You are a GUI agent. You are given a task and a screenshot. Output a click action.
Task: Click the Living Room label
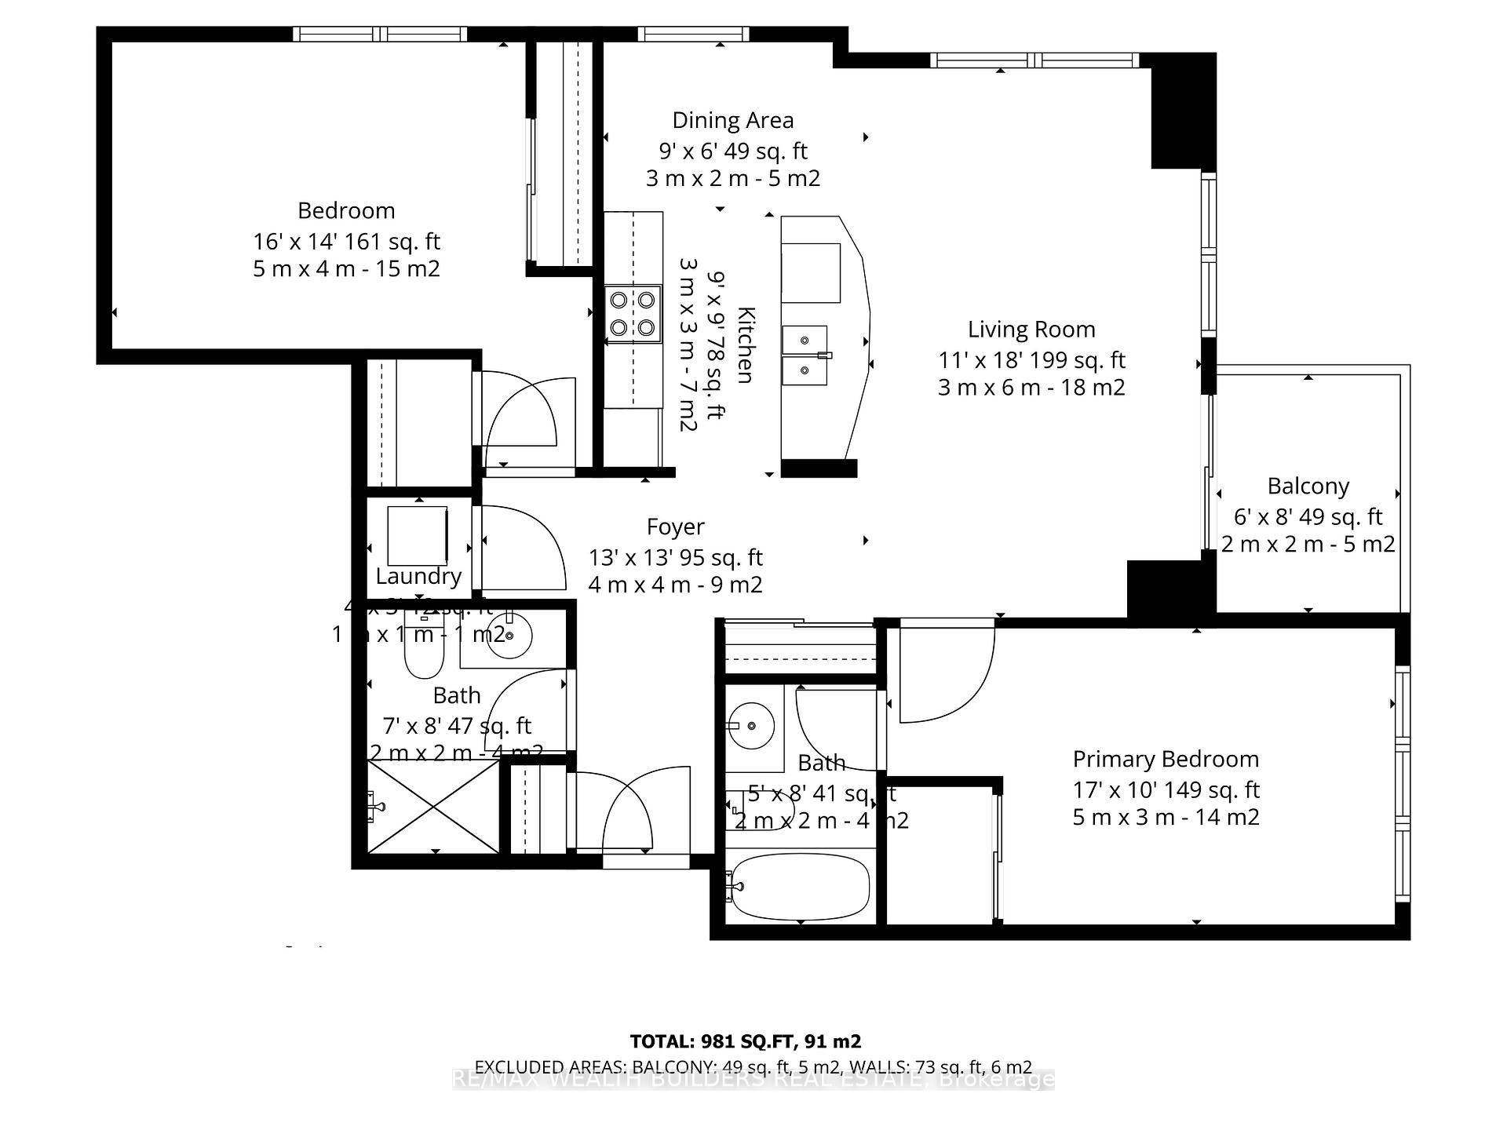pos(1031,330)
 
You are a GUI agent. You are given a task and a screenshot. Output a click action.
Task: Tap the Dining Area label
pos(732,121)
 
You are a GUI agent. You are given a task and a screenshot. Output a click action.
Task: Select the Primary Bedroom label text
pos(1166,760)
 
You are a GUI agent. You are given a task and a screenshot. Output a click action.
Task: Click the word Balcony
pos(1308,487)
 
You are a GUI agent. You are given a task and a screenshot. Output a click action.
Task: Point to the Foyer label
pos(675,527)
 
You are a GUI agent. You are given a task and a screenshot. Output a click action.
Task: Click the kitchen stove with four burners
pos(633,313)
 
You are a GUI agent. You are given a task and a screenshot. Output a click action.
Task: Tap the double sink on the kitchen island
pos(805,355)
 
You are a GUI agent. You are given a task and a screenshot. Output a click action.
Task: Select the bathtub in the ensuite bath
pos(799,886)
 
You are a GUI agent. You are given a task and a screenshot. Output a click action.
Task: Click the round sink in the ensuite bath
pos(750,726)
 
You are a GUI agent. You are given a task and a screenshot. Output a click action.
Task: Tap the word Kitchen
pos(745,345)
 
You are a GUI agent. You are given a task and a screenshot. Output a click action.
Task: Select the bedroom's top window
pos(381,34)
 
